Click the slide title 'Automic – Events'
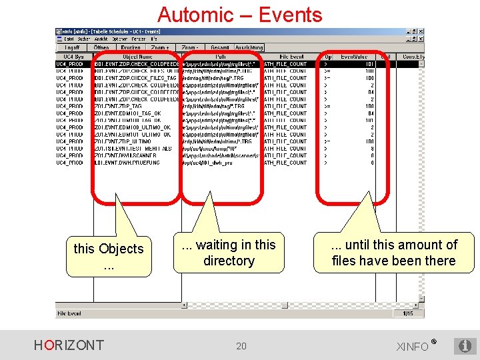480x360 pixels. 239,14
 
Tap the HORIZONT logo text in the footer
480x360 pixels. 69,345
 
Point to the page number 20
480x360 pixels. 241,345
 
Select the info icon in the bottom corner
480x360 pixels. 463,346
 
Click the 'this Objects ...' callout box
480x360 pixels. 108,256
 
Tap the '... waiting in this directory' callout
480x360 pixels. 229,253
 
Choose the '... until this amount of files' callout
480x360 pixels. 393,253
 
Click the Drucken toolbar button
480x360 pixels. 131,47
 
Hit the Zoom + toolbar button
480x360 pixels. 160,47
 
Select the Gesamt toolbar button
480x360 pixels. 220,47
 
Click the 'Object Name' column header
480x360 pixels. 137,57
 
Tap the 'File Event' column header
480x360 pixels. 292,57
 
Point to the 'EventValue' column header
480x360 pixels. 353,57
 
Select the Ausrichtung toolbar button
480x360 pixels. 248,47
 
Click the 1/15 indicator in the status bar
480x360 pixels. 408,313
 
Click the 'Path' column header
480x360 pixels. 221,57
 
